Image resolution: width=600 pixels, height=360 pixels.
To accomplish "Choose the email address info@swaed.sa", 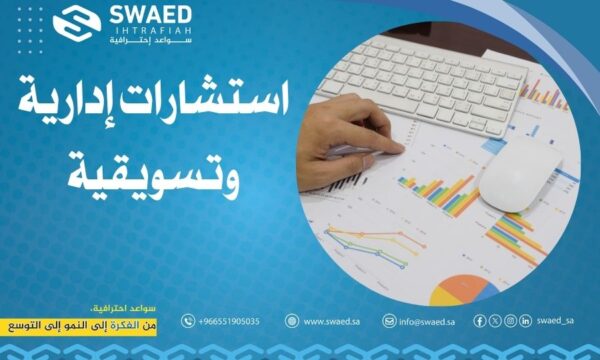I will pyautogui.click(x=429, y=321).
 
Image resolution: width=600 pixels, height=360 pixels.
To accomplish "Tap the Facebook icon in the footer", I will pyautogui.click(x=479, y=321).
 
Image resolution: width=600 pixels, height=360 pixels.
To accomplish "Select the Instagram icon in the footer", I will pyautogui.click(x=510, y=321).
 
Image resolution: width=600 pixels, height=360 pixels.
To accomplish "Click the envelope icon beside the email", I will pyautogui.click(x=389, y=321).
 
